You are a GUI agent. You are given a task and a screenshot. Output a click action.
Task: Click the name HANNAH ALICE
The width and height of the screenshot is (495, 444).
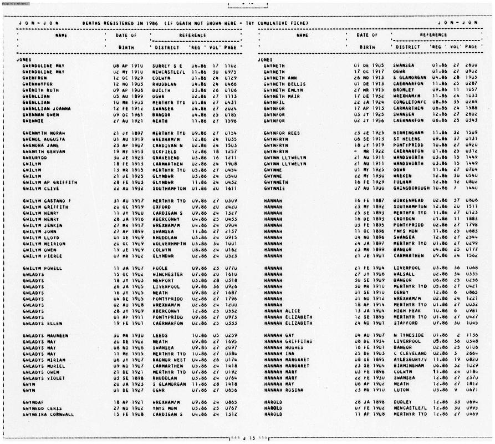pyautogui.click(x=282, y=311)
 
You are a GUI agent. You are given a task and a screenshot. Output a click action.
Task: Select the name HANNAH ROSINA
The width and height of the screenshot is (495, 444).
pyautogui.click(x=284, y=374)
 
